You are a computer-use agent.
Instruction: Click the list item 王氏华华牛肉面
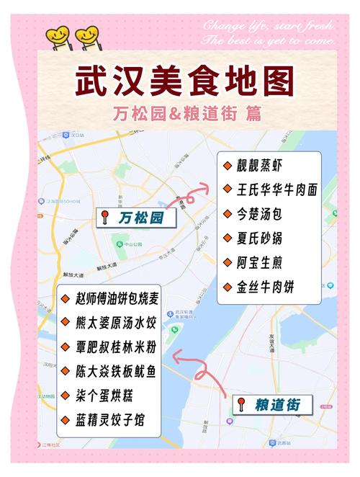pos(276,190)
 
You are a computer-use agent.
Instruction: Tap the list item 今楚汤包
pos(264,214)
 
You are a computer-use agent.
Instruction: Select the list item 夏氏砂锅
pos(264,238)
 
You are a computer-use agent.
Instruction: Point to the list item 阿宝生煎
pos(264,262)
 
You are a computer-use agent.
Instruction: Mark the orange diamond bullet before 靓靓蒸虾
pos(226,166)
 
